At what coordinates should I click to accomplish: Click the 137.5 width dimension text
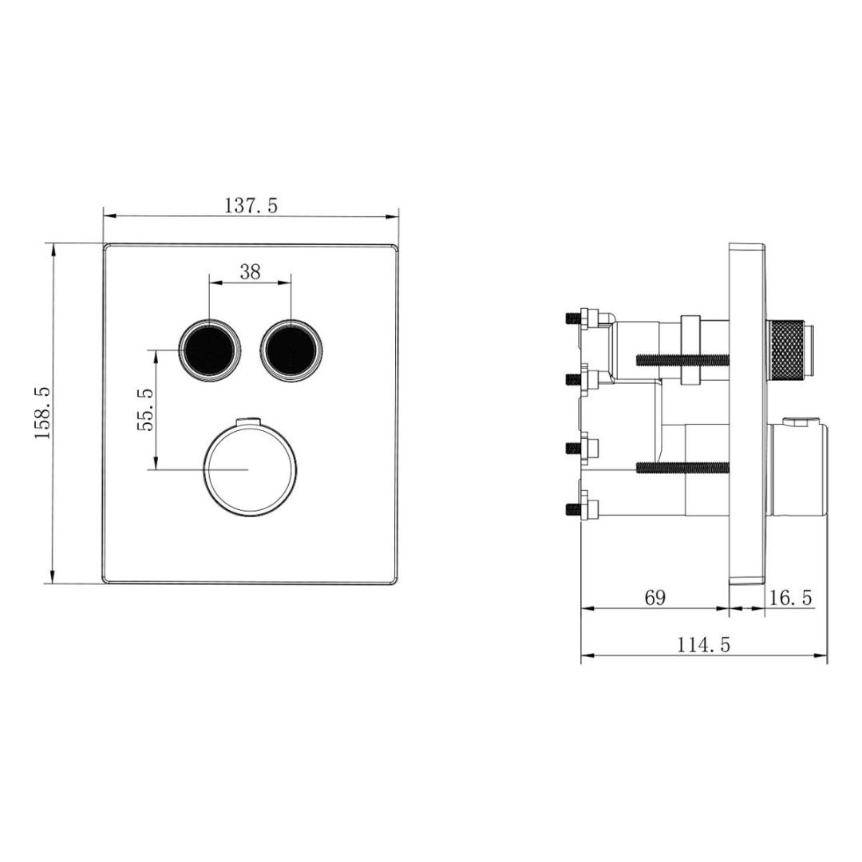251,206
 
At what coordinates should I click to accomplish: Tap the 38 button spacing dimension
250,271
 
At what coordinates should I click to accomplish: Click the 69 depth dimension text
654,598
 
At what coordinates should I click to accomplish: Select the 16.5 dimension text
790,598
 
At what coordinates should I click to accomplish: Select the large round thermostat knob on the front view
251,469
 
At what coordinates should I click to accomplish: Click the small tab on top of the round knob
251,420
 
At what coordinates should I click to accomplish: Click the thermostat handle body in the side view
798,471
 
